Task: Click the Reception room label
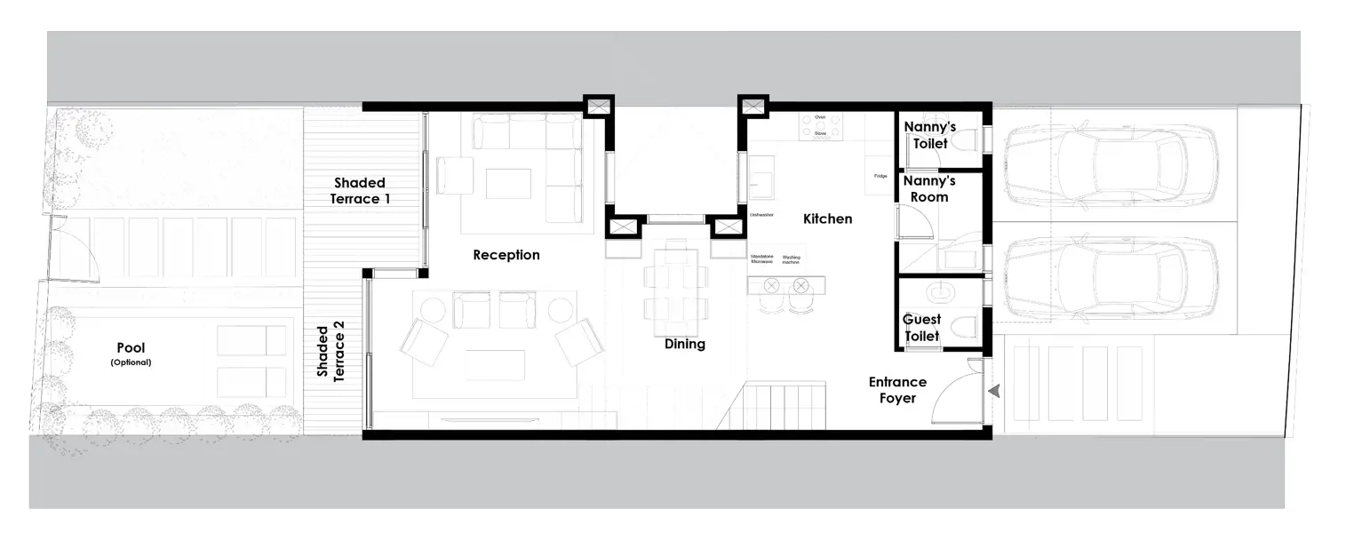(x=506, y=255)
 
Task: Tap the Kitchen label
(x=827, y=219)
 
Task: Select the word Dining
(x=684, y=344)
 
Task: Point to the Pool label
(x=131, y=348)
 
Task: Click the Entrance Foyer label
(x=897, y=390)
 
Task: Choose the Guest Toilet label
(x=921, y=328)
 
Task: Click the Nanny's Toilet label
(x=929, y=135)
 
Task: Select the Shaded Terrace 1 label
(x=360, y=191)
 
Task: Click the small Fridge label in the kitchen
(x=880, y=176)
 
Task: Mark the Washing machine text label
(x=791, y=259)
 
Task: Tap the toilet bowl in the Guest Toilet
(x=963, y=328)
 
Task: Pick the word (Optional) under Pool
(x=131, y=362)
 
